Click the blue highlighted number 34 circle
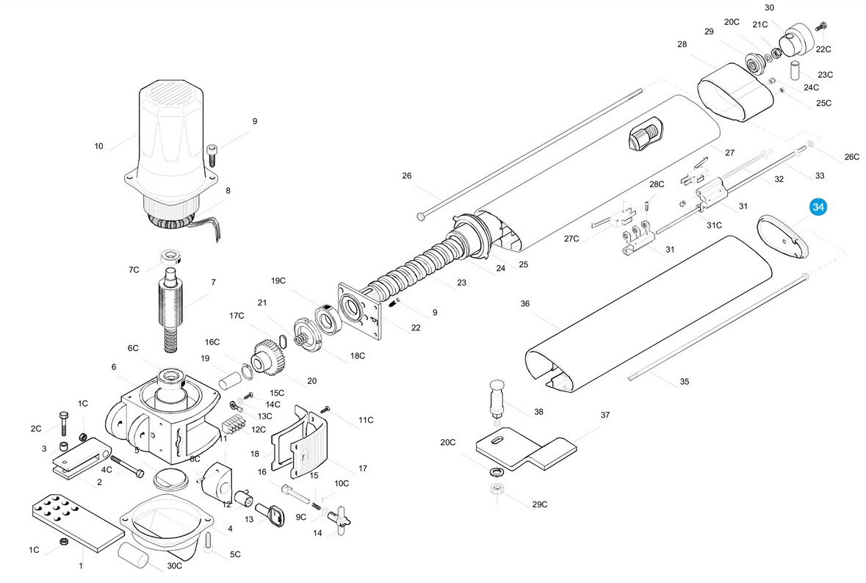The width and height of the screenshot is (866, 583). click(x=818, y=207)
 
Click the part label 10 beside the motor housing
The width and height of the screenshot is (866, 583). click(x=99, y=146)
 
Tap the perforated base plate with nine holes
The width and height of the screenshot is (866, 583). click(x=78, y=522)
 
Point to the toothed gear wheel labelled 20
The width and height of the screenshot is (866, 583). click(x=270, y=358)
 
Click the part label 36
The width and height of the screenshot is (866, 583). click(x=524, y=304)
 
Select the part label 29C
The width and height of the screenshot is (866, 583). click(x=540, y=504)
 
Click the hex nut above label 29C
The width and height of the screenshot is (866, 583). click(x=497, y=488)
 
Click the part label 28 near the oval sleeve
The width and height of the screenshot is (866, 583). click(x=682, y=44)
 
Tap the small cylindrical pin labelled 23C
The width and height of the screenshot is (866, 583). click(x=795, y=70)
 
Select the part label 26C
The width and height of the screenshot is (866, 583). click(x=851, y=157)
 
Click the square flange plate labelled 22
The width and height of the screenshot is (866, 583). click(x=359, y=311)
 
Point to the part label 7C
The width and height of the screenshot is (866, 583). click(x=134, y=270)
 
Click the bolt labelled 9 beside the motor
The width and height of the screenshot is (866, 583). click(x=212, y=155)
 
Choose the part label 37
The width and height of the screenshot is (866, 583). click(x=605, y=415)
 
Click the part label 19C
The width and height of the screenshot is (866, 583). click(x=278, y=280)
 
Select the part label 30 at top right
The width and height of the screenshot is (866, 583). click(x=769, y=8)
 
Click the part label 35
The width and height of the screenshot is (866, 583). click(x=685, y=382)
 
